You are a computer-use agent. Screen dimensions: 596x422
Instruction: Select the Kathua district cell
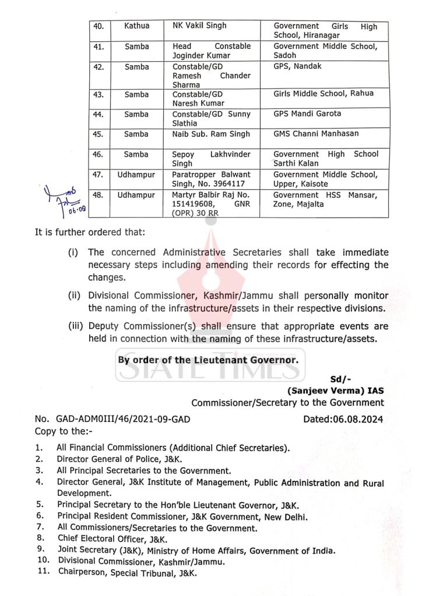pos(136,26)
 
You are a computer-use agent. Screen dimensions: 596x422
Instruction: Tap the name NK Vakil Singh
pos(199,26)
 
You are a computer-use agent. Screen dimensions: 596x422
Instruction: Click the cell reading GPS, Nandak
pos(297,67)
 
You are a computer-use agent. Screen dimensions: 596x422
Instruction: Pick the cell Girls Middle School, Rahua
pos(323,94)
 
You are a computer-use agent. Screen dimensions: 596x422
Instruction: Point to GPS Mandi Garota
pos(307,114)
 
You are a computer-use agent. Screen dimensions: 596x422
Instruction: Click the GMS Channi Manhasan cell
pos(316,134)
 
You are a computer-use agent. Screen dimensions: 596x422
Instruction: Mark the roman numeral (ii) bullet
pos(75,296)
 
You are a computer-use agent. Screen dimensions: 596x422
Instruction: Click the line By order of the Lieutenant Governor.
pos(208,360)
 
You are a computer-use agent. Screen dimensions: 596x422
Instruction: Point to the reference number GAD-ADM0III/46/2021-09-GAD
pos(123,419)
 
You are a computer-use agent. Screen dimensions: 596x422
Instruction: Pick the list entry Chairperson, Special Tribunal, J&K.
pos(126,573)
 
